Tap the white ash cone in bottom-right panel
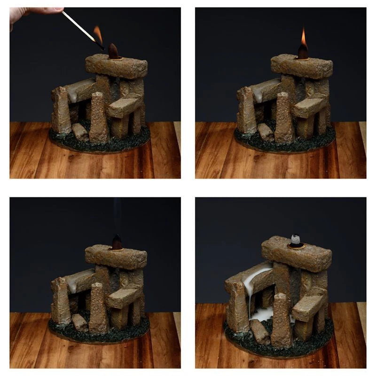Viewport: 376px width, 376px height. [x=295, y=240]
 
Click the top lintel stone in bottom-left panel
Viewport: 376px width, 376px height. [x=116, y=257]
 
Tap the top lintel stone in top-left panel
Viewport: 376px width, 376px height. [x=116, y=66]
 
